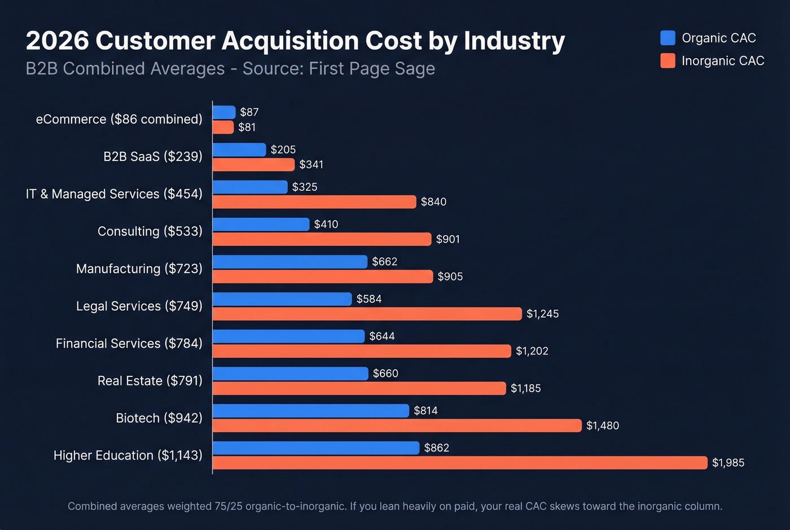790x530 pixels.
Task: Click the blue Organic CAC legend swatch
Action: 668,38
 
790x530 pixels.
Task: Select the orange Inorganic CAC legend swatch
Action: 668,60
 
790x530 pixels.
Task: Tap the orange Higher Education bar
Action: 459,463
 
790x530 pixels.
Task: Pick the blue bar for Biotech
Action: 310,411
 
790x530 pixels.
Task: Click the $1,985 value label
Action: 728,463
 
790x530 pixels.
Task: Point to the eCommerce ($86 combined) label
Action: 119,119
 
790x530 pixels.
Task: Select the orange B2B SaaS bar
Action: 253,164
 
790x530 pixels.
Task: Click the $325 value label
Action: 305,187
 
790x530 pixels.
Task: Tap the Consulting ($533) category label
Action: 150,231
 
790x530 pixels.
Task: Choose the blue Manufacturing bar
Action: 289,262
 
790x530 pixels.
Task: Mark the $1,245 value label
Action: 542,314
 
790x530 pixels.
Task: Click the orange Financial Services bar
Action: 362,351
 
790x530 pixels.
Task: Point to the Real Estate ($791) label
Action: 150,381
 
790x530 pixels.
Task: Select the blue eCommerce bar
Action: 224,112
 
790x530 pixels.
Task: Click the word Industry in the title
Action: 514,41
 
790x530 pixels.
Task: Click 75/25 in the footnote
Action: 229,506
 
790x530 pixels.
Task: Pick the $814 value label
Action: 425,411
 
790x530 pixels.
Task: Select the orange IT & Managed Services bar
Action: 314,202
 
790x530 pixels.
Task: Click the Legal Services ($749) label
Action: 139,306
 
